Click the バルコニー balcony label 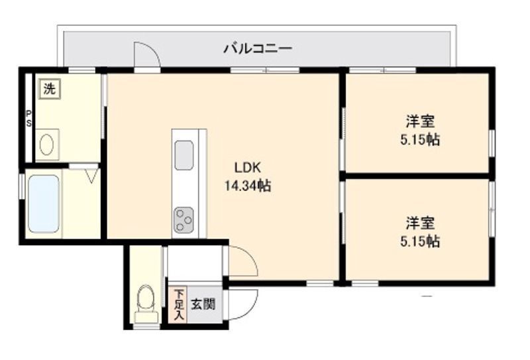[x=258, y=48]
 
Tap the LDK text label [x=248, y=168]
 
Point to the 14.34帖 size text [x=248, y=186]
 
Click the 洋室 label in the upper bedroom [x=420, y=121]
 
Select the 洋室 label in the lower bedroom [x=420, y=223]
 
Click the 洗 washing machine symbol [x=50, y=89]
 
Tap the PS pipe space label [x=29, y=119]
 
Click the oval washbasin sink [x=46, y=145]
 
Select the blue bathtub [x=44, y=204]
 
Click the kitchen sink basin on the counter [x=184, y=155]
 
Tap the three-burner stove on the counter [x=184, y=220]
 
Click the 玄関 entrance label [x=203, y=304]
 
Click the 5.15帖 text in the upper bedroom [x=420, y=139]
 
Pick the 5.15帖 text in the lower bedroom [x=420, y=241]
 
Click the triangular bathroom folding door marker [x=92, y=176]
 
